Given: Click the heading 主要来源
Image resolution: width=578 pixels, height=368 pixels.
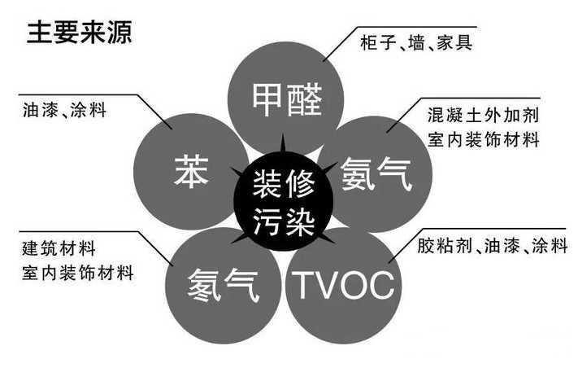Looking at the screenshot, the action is [x=79, y=33].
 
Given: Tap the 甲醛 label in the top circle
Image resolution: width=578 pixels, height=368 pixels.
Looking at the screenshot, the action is [x=287, y=99].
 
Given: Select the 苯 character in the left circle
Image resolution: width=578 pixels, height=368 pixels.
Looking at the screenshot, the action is [x=191, y=171].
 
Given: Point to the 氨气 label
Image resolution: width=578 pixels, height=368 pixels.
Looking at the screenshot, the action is [x=376, y=174].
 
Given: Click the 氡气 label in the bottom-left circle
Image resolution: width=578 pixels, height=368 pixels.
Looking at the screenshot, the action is [x=224, y=285].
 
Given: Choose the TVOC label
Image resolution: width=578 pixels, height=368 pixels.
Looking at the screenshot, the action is [x=344, y=285].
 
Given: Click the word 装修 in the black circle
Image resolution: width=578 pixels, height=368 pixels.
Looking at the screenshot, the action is [x=284, y=183].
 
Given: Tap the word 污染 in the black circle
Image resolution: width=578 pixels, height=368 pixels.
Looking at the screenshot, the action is [x=284, y=221].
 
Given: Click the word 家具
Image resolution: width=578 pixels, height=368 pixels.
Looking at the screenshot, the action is [x=454, y=42].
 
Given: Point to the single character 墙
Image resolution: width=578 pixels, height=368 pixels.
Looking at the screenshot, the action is [x=416, y=43].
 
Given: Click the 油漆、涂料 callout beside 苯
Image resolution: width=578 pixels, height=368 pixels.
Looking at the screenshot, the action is [x=64, y=110].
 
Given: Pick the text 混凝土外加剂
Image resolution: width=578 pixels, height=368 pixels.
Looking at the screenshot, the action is [x=483, y=116].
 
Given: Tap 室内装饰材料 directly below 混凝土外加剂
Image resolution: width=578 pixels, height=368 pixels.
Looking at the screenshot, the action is [x=483, y=140].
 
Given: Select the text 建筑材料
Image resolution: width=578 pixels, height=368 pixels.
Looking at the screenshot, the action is [x=59, y=248].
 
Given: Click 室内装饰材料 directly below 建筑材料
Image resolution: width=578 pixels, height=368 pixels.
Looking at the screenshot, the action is [x=77, y=273].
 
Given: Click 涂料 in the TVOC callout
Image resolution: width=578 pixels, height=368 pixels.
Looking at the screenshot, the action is [x=550, y=245].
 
